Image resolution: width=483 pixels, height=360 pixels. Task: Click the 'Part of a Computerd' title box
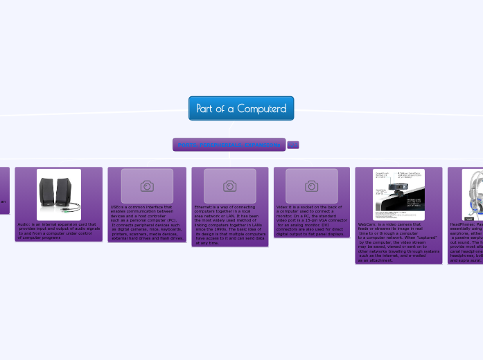241,108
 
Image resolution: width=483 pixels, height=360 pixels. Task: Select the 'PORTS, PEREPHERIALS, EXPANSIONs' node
229,145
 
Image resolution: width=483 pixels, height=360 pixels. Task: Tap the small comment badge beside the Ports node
293,145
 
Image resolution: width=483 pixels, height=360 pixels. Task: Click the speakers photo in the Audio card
59,194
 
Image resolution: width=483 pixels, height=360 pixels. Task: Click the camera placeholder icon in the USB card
147,186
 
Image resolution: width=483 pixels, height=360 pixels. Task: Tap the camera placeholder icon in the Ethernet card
229,186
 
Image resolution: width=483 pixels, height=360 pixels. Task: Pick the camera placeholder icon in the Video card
312,186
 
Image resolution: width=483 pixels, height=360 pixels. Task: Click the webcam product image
398,194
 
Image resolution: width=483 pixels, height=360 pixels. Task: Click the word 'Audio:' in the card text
24,224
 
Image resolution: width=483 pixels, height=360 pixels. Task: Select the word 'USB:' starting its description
116,207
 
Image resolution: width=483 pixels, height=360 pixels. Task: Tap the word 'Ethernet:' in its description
204,207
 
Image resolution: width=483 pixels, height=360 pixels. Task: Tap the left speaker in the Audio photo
49,192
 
